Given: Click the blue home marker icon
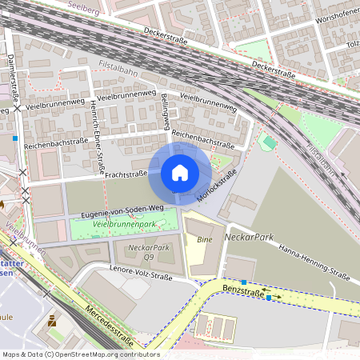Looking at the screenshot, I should pos(180,173).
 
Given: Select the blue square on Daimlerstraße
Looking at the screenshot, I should pos(15,138).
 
